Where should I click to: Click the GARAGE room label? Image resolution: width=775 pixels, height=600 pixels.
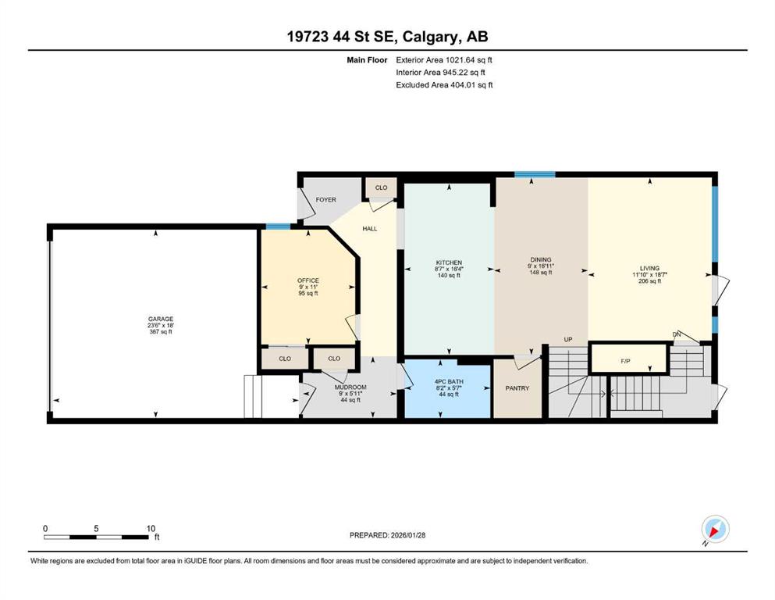[161, 319]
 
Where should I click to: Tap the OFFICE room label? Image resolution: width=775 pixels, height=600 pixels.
[308, 280]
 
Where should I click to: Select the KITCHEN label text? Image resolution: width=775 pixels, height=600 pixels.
[449, 262]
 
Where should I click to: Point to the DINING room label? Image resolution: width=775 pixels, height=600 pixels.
[541, 259]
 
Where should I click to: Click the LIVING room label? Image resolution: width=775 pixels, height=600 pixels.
[649, 268]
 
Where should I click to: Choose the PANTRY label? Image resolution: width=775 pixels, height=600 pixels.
[517, 388]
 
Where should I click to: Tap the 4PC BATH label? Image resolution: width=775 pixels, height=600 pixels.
[449, 382]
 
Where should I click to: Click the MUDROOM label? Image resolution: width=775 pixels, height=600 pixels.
[350, 387]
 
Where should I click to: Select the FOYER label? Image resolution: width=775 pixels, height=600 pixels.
[325, 200]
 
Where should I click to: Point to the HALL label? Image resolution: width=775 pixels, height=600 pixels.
[370, 229]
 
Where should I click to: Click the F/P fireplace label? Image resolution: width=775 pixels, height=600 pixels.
[625, 361]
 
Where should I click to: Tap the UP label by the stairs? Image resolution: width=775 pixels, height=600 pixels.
[568, 339]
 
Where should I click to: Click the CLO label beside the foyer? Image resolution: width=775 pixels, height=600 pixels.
[381, 187]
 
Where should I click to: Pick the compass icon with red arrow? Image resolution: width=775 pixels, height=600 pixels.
[715, 529]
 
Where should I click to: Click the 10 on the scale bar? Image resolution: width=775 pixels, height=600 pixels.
[151, 528]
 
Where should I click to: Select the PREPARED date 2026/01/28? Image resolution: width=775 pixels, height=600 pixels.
[407, 535]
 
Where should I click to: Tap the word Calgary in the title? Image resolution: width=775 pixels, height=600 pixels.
[429, 37]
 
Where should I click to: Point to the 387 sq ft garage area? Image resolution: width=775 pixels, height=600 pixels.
[161, 332]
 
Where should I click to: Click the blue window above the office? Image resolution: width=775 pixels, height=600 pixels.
[279, 227]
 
